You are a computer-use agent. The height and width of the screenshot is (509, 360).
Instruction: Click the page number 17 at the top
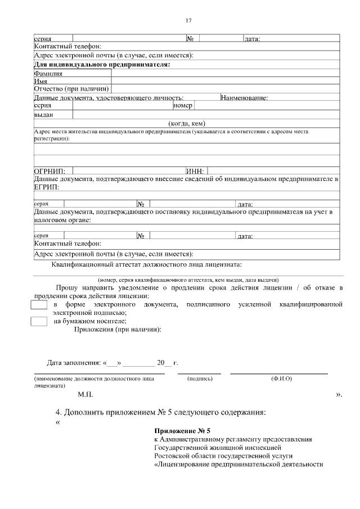tap(188, 21)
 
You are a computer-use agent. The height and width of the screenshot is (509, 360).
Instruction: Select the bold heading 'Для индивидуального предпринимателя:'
tap(102, 65)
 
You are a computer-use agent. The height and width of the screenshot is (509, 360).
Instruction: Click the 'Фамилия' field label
tap(48, 73)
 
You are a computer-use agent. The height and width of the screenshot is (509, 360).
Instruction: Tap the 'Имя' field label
tap(40, 81)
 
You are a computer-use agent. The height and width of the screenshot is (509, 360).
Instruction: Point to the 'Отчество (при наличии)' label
tap(72, 89)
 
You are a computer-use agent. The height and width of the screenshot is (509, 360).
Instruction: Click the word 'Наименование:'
tap(244, 98)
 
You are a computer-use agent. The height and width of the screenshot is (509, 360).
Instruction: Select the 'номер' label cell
tap(183, 105)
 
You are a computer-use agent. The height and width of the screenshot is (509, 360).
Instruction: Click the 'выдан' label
tap(43, 115)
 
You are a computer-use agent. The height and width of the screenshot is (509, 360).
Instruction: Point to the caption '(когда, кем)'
tap(187, 124)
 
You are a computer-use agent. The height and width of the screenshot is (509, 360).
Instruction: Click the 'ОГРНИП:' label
tap(49, 171)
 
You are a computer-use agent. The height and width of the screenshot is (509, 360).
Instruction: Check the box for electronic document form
tap(39, 305)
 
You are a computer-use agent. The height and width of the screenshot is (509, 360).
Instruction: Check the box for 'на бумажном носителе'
tap(39, 321)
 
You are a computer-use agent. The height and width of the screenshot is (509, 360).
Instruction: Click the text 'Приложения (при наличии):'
tap(118, 330)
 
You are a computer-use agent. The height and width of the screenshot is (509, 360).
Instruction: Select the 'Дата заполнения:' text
tap(74, 363)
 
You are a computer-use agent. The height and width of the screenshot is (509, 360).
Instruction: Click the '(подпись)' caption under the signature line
tap(200, 379)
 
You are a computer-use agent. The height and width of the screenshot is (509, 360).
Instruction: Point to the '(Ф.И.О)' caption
tap(281, 379)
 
